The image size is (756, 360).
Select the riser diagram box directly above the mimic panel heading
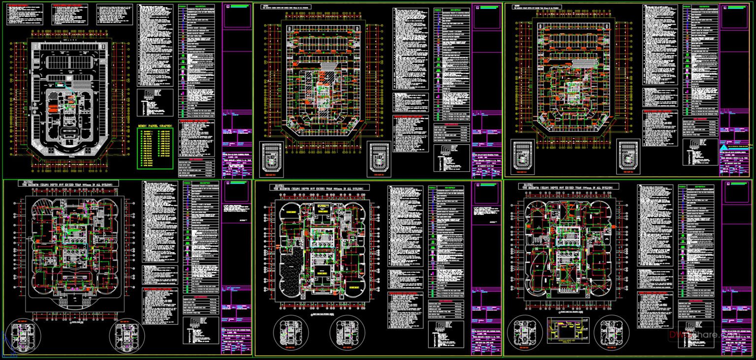(x=155, y=102)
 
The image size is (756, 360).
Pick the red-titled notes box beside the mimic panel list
(x=196, y=138)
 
